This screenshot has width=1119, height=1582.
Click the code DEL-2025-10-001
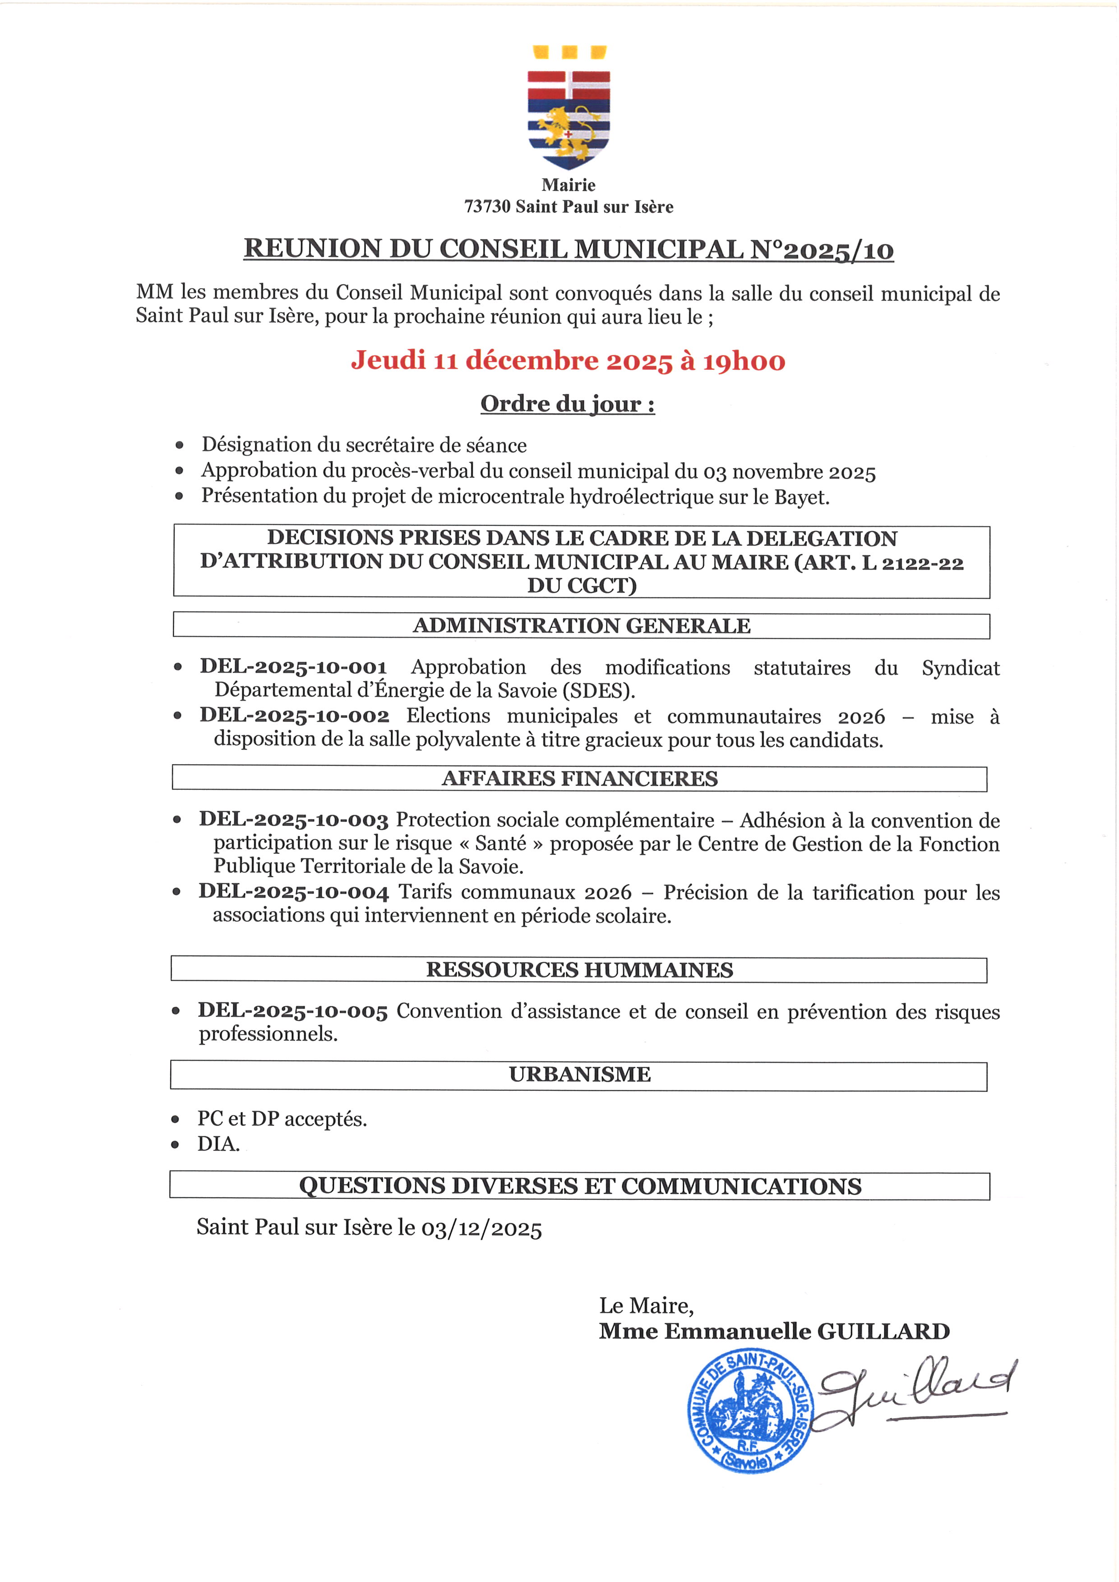[x=294, y=667]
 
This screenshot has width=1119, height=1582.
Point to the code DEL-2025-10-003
[x=294, y=820]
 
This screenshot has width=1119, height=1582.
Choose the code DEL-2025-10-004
[x=294, y=892]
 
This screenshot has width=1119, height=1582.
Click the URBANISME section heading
[x=579, y=1075]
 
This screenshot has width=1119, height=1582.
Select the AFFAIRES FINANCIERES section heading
[x=579, y=779]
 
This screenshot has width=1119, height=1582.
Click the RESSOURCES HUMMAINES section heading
[x=579, y=970]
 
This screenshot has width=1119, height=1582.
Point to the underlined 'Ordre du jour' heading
[x=567, y=404]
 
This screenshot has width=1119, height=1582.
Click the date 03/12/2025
[x=481, y=1228]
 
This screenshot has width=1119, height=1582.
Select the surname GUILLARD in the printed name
[x=883, y=1331]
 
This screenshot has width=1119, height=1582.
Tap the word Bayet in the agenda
[x=800, y=497]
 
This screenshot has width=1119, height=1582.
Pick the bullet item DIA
[x=218, y=1144]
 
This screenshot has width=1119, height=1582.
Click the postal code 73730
[x=487, y=207]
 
